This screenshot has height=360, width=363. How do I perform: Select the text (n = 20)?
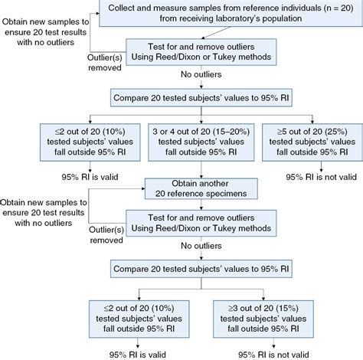coord(338,8)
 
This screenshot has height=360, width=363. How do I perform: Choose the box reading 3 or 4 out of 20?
coord(201,142)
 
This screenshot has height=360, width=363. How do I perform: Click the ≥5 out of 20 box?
coord(312,142)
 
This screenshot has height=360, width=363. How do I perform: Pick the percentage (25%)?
coord(335,132)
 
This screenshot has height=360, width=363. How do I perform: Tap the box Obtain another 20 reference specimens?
coord(201,188)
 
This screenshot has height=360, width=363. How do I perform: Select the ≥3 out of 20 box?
coord(263,319)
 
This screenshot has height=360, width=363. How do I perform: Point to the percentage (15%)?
coord(286,309)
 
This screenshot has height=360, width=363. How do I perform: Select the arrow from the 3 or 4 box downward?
coord(201,169)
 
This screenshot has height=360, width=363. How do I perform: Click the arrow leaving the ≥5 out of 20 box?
coord(321,166)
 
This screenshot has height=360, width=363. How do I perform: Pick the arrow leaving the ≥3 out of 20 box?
coord(273,343)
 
